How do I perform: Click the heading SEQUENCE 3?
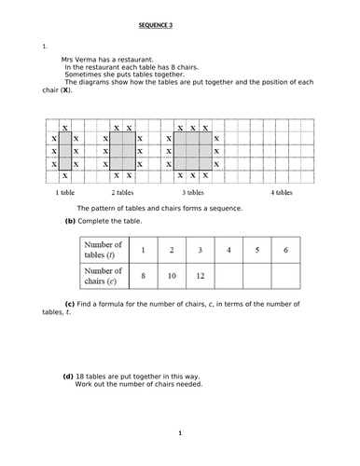pyautogui.click(x=179, y=25)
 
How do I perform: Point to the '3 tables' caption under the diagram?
pyautogui.click(x=193, y=192)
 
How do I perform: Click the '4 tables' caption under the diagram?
pyautogui.click(x=283, y=192)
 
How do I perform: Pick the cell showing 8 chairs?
pyautogui.click(x=143, y=277)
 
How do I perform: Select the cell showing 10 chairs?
pyautogui.click(x=171, y=277)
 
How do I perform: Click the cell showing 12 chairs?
pyautogui.click(x=200, y=277)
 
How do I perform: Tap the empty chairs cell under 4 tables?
pyautogui.click(x=228, y=277)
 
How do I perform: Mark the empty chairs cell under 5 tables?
pyautogui.click(x=256, y=277)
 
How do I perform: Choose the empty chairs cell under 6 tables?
pyautogui.click(x=285, y=277)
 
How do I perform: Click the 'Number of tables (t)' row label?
pyautogui.click(x=104, y=250)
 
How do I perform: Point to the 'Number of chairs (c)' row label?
pyautogui.click(x=104, y=277)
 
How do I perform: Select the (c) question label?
pyautogui.click(x=70, y=305)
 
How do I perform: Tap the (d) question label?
pyautogui.click(x=68, y=376)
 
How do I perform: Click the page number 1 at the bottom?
pyautogui.click(x=179, y=433)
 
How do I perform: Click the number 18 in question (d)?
pyautogui.click(x=81, y=376)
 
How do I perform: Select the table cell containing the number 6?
pyautogui.click(x=285, y=250)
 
